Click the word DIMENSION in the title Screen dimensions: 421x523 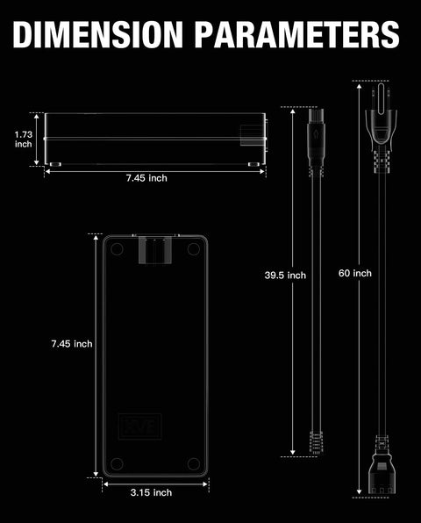click(x=98, y=34)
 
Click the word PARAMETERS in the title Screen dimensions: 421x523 click(x=297, y=34)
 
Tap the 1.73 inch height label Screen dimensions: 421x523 click(x=24, y=140)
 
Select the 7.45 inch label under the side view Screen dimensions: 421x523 click(x=146, y=178)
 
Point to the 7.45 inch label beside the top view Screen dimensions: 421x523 click(x=72, y=344)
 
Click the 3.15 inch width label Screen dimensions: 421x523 click(x=152, y=492)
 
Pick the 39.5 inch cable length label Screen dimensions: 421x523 click(x=285, y=276)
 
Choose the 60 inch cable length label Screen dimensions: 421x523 click(x=355, y=273)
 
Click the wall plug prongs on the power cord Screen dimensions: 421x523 click(x=382, y=97)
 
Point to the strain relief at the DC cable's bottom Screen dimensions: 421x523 click(x=316, y=442)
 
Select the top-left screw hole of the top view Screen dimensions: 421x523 click(x=117, y=249)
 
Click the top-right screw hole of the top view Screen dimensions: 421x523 click(x=193, y=249)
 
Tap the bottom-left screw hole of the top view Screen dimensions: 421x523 click(x=117, y=463)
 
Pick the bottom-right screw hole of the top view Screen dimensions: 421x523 click(x=193, y=463)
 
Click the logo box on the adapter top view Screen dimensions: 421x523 click(x=140, y=426)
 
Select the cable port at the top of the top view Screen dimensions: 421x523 click(x=155, y=250)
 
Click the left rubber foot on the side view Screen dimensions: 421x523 click(x=55, y=164)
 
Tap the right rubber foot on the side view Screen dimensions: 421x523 click(x=253, y=164)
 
